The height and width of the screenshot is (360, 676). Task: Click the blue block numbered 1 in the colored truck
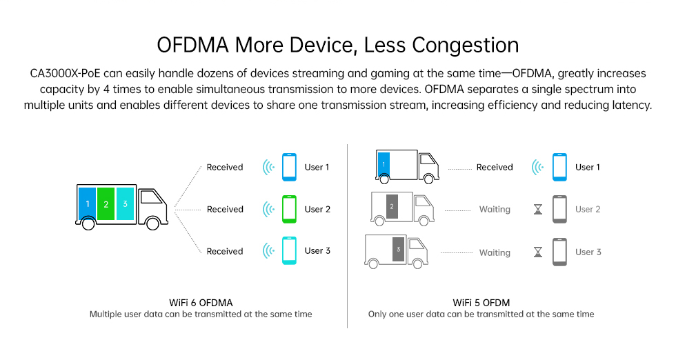point(88,203)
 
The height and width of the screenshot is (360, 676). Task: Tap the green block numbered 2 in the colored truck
point(106,203)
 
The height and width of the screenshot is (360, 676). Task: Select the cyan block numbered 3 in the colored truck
point(125,203)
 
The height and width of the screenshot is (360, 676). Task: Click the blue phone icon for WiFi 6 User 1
point(289,167)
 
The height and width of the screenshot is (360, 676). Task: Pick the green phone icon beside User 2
point(289,209)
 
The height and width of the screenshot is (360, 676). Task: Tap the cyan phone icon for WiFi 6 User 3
point(289,250)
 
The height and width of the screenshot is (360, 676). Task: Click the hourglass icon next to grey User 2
point(538,210)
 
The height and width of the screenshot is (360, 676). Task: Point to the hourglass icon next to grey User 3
point(538,252)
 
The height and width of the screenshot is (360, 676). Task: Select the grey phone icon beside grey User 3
point(559,252)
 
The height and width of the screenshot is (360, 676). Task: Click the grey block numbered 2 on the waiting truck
point(392,206)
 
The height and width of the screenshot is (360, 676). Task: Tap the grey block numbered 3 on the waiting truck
point(399,249)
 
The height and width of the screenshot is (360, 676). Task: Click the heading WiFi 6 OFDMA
point(201,303)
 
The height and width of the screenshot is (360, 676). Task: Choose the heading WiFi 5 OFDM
point(481,303)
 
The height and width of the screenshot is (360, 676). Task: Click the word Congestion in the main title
point(465,46)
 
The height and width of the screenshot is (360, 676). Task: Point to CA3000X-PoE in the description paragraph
point(65,73)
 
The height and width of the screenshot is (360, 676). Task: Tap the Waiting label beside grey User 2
point(495,210)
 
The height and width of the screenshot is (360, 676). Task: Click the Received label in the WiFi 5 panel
point(495,168)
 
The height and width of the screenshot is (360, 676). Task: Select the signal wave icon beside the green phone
point(268,209)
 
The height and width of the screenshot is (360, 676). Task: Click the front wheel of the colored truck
point(152,223)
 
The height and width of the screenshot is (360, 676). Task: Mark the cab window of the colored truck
point(150,197)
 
